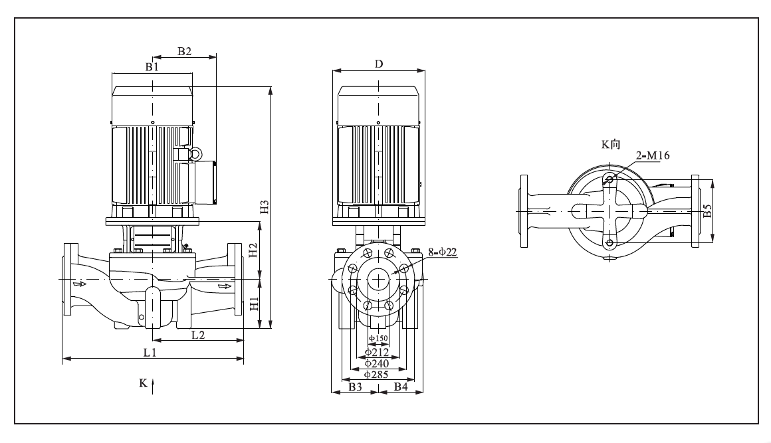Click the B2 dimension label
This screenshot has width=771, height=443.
coord(184,51)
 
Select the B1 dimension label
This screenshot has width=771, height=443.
coord(152,67)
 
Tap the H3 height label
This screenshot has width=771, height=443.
coord(265,207)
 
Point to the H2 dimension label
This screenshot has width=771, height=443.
coord(253,250)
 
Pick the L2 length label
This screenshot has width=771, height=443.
coord(197,335)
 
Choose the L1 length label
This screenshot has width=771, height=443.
coord(150,353)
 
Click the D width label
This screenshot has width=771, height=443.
coord(379,64)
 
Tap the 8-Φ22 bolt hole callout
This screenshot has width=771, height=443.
coord(443,252)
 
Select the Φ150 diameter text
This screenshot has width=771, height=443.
coord(379,338)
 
